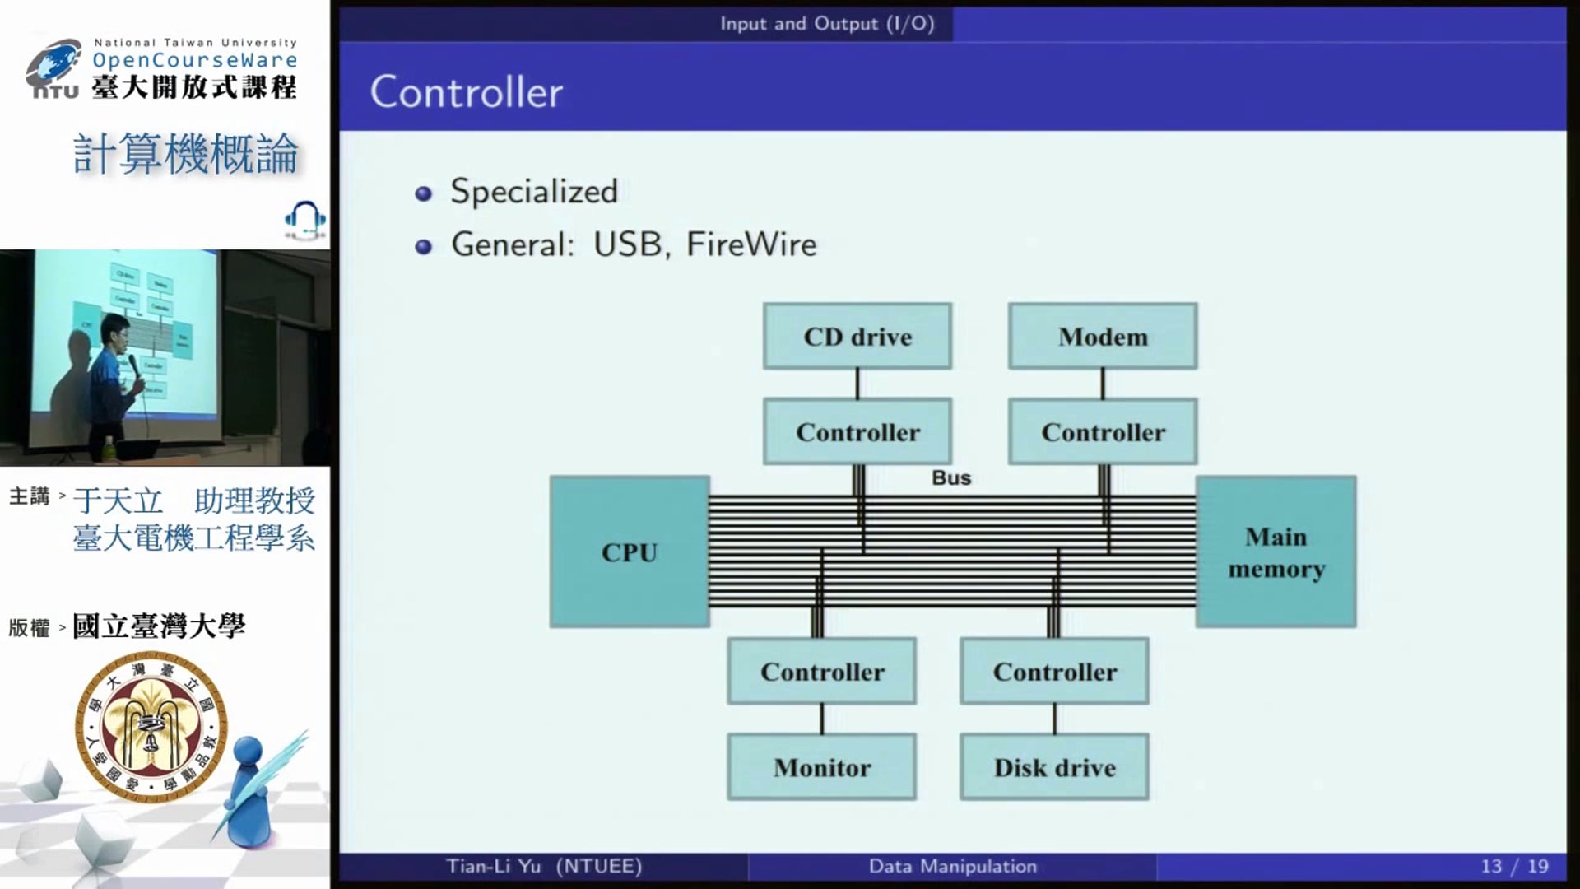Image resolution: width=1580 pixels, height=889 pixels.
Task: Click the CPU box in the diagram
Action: (630, 552)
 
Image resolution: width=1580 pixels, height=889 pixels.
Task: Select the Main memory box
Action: (1276, 552)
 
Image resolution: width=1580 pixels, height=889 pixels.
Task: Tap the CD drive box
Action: (857, 336)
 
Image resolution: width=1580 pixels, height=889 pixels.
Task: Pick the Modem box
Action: (1103, 336)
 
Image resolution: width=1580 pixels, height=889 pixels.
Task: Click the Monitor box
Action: (821, 767)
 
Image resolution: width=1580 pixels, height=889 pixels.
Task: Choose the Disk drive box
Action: (1054, 767)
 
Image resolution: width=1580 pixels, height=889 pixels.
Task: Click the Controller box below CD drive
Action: (857, 431)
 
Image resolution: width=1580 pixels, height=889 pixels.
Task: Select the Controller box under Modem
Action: (1103, 431)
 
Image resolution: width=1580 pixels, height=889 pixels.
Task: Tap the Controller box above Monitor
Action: (821, 671)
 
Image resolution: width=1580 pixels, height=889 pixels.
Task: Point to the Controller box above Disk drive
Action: (1054, 671)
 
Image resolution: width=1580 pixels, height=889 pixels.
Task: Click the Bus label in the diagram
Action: (951, 477)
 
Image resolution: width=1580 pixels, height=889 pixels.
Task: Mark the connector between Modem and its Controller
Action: (1103, 384)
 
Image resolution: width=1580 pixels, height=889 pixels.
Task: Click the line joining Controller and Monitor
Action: (821, 719)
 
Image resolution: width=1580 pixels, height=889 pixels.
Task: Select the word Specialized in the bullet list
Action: (534, 192)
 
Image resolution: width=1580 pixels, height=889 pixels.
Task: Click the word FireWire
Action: (751, 244)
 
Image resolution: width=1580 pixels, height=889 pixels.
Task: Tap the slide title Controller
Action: (467, 91)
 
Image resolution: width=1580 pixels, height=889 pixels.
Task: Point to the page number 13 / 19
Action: (1514, 866)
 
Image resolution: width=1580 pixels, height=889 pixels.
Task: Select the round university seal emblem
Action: (151, 725)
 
